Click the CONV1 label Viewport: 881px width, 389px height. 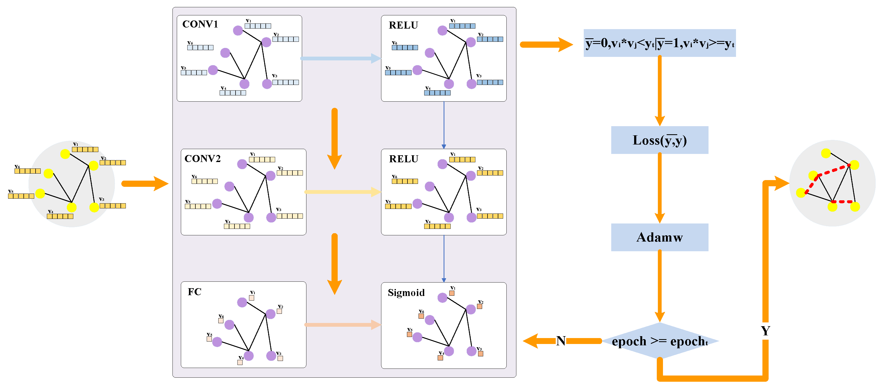click(x=200, y=24)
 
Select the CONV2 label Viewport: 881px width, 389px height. click(x=202, y=159)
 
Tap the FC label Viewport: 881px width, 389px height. click(x=194, y=292)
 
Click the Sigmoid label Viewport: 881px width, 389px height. click(x=406, y=293)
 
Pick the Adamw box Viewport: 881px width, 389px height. click(x=659, y=237)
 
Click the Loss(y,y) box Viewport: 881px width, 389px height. click(x=659, y=140)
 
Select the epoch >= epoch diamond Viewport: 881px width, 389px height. click(x=659, y=341)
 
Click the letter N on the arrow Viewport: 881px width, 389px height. click(x=561, y=341)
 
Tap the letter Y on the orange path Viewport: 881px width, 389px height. click(x=765, y=331)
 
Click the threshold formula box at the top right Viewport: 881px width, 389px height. click(x=659, y=43)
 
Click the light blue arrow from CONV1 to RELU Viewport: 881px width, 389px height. click(x=340, y=58)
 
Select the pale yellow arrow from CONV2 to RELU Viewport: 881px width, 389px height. click(x=342, y=192)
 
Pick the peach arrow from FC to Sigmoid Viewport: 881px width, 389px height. click(x=342, y=325)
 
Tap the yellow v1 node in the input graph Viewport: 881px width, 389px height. click(x=65, y=154)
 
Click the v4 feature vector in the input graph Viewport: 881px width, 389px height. click(x=60, y=216)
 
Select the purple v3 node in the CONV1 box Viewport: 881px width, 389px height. click(x=267, y=84)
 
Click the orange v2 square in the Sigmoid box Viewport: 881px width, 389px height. click(x=479, y=307)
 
